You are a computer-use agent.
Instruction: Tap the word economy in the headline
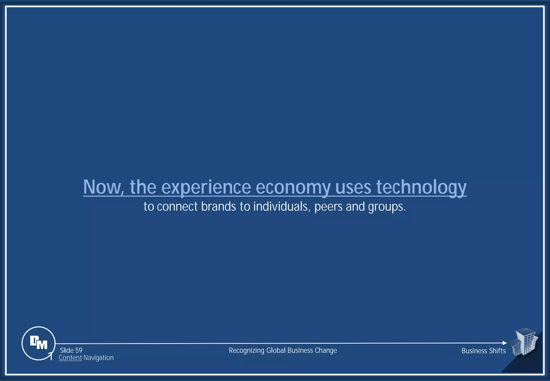click(x=293, y=188)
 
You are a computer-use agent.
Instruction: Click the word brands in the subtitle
click(x=218, y=207)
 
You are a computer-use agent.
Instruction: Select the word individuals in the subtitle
click(x=282, y=207)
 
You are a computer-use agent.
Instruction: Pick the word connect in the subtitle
click(x=177, y=207)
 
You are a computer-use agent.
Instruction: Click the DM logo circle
click(x=38, y=343)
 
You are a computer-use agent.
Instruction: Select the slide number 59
click(x=79, y=350)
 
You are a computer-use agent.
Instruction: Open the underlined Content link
click(x=70, y=358)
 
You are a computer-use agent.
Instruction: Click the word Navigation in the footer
click(x=98, y=358)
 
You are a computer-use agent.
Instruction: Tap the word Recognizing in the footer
click(x=247, y=351)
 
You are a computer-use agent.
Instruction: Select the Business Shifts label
click(x=483, y=351)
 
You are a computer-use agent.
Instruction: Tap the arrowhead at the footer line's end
click(x=505, y=343)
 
